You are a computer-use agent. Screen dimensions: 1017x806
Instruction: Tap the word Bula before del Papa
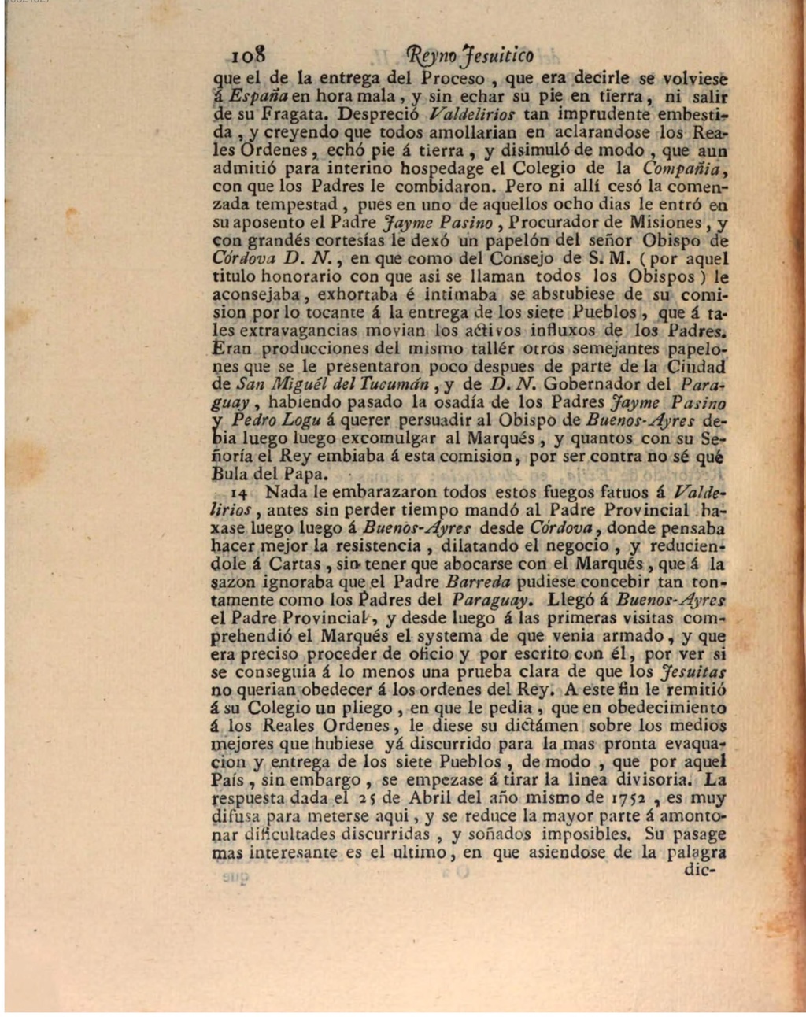point(231,475)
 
